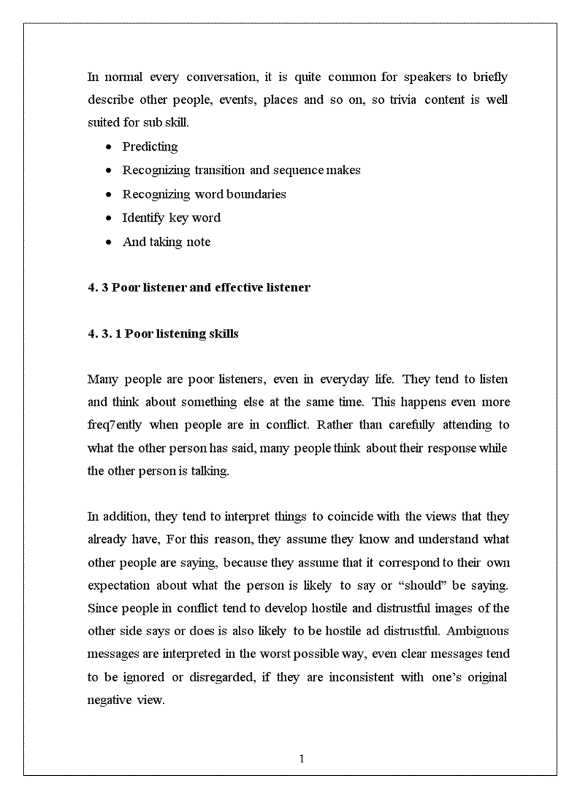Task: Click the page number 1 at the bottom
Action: pos(301,759)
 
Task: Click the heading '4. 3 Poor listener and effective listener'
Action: pos(198,288)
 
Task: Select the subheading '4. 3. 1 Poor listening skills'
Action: pos(163,334)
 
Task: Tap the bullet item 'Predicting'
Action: pos(150,147)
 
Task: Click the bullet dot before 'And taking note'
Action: pos(107,242)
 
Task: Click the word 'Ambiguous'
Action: pos(478,631)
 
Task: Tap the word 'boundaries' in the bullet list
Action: pos(256,194)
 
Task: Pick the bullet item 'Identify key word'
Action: pos(171,218)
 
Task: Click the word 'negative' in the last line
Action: pos(109,700)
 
